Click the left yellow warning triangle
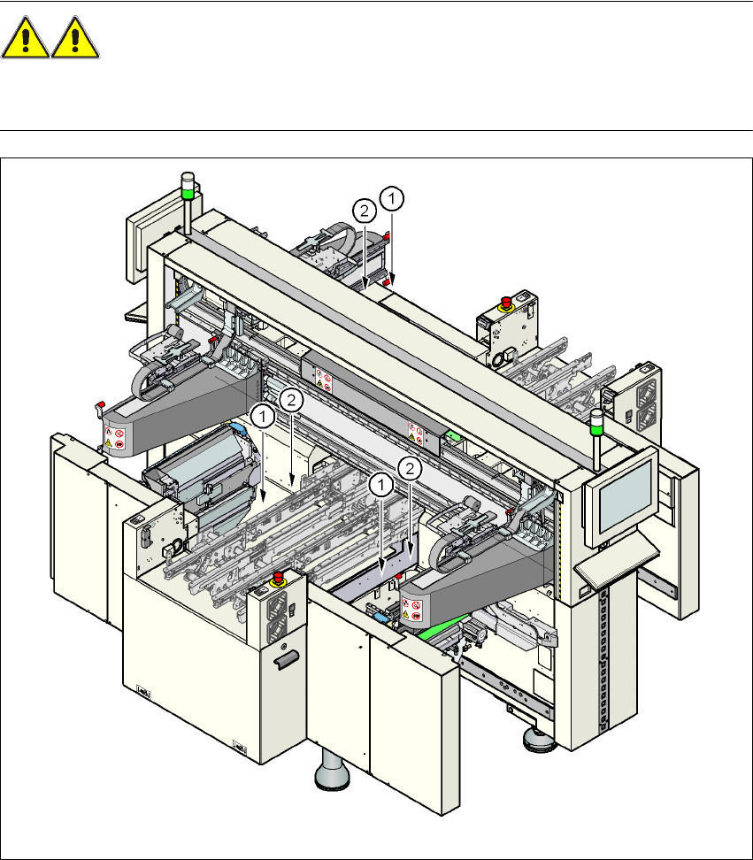(x=26, y=37)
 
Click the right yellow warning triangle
(x=75, y=37)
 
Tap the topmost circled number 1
(x=392, y=198)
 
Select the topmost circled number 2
(x=365, y=211)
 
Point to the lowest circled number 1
(x=381, y=485)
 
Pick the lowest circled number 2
(x=410, y=468)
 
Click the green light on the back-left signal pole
(x=188, y=193)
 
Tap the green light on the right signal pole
(x=596, y=428)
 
